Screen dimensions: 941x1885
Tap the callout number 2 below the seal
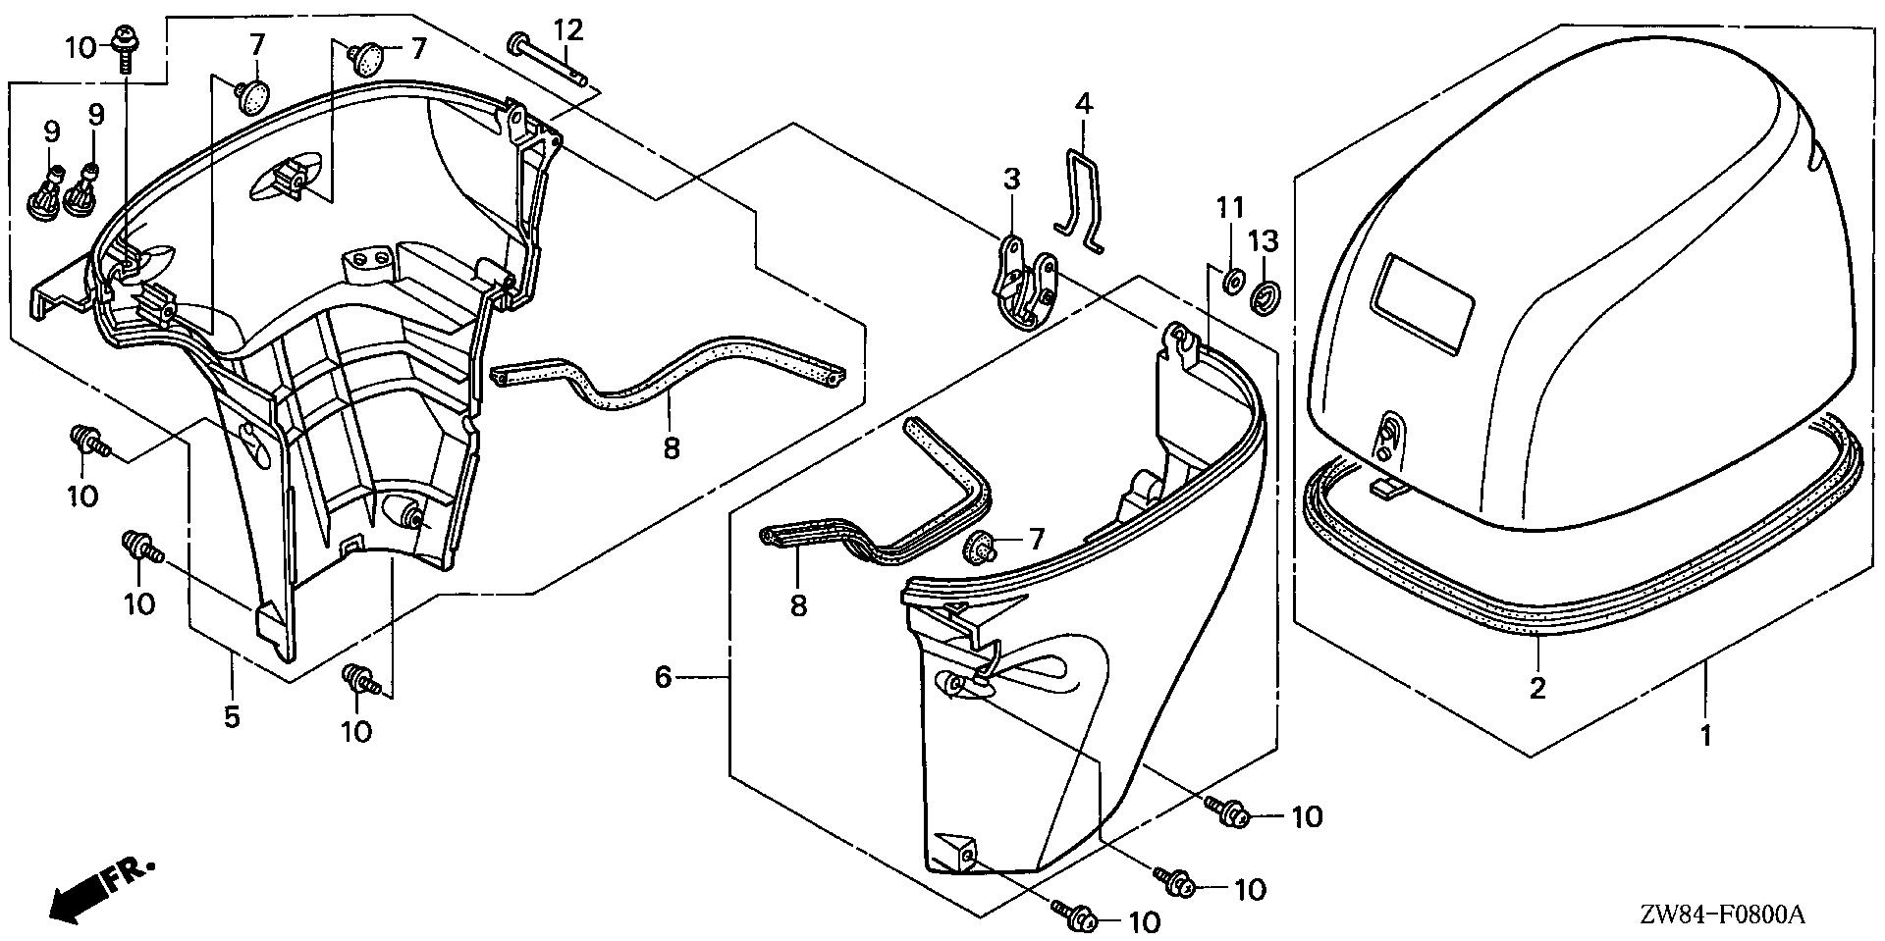[1537, 688]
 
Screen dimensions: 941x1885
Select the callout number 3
[1011, 180]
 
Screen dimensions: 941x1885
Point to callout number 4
[1083, 103]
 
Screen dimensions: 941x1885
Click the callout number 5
[232, 717]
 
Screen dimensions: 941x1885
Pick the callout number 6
[664, 677]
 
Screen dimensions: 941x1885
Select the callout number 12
[569, 30]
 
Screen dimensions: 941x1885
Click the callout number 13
[1266, 240]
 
